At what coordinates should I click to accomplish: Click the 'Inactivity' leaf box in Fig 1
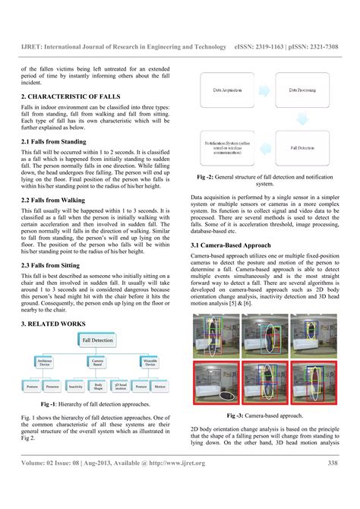[75, 386]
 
